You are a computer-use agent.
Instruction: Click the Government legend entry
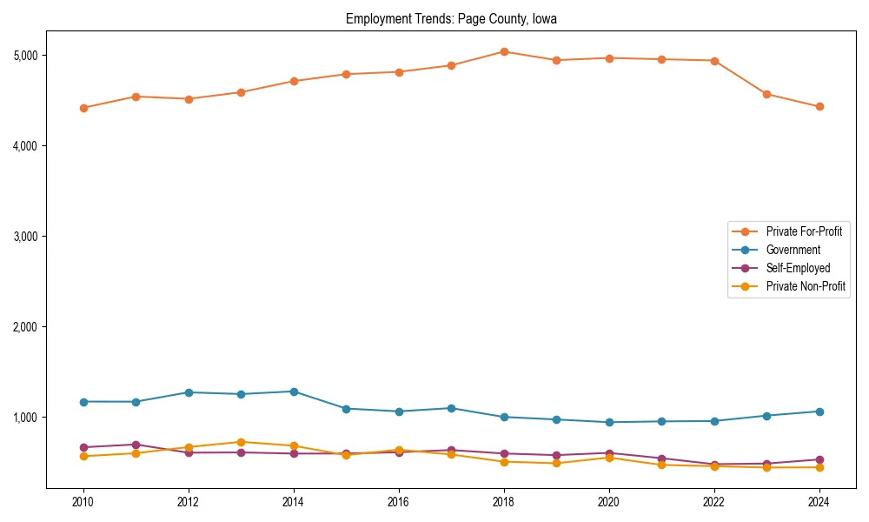coord(793,250)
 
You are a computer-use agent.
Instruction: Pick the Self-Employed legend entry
coord(798,268)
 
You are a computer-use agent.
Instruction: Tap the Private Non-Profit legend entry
coord(806,286)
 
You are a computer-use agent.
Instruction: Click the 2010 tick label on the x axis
coord(83,502)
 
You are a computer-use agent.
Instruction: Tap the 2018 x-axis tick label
coord(504,502)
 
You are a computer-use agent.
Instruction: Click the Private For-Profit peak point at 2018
coord(504,51)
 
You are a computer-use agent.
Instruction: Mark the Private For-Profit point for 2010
coord(83,108)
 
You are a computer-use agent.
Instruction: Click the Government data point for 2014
coord(294,391)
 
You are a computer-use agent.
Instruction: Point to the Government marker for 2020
coord(609,422)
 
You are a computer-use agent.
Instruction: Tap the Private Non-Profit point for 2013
coord(241,442)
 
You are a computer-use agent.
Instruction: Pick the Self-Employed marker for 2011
coord(136,445)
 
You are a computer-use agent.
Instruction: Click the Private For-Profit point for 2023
coord(766,94)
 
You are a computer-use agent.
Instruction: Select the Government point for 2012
coord(189,392)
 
